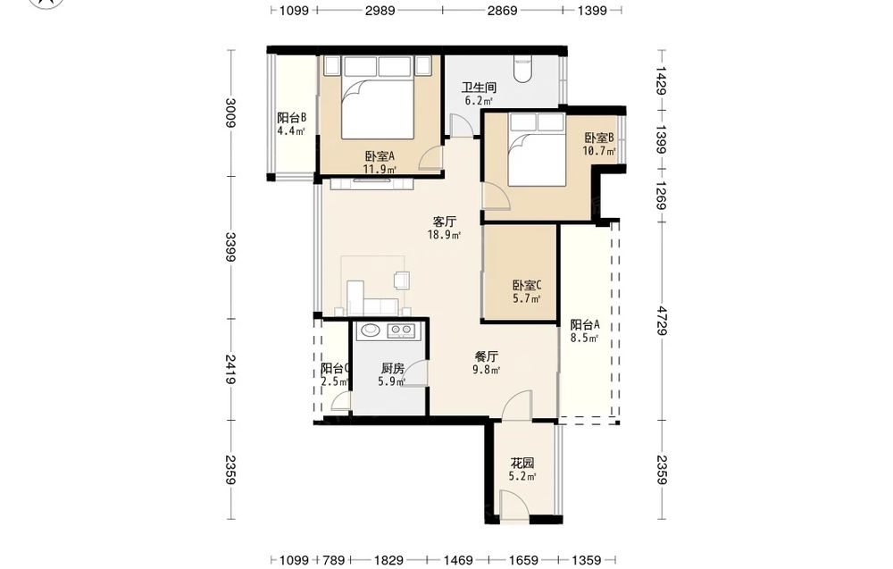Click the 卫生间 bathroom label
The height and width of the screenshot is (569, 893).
pos(479,88)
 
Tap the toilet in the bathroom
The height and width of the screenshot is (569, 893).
pos(522,68)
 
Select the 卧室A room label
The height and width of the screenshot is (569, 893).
pos(380,156)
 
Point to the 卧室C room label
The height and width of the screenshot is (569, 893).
pos(527,285)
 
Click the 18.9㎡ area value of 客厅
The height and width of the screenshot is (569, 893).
pos(444,234)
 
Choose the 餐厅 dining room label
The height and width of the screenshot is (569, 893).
pos(487,356)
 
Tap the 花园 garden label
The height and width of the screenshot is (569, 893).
pos(522,463)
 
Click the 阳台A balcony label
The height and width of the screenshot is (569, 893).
pos(585,324)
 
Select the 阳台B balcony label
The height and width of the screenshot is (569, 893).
pos(292,118)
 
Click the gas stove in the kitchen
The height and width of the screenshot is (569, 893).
pos(401,331)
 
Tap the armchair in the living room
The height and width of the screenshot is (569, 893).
pos(402,280)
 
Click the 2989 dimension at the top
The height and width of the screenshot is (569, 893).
pos(380,10)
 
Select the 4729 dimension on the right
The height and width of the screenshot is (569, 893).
pos(661,321)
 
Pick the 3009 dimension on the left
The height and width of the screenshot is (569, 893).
pos(230,113)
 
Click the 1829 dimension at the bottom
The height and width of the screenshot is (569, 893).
pos(389,560)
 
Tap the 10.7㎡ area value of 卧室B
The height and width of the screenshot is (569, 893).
pos(599,152)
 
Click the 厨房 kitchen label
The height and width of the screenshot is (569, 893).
pos(393,369)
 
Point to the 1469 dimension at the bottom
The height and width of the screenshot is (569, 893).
pos(458,560)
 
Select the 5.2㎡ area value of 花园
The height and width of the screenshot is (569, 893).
pos(522,477)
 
